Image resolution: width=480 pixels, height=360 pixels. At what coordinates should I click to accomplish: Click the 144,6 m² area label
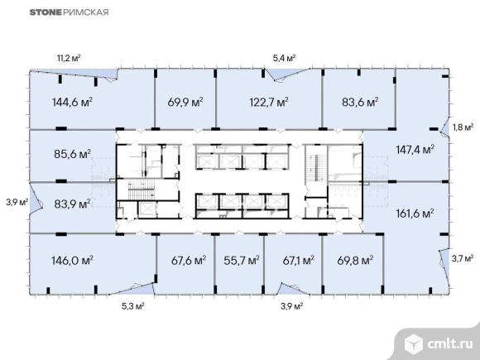point(73,102)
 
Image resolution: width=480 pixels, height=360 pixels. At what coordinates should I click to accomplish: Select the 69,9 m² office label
point(185,102)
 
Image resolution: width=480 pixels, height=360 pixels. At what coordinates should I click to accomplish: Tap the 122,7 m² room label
point(269,102)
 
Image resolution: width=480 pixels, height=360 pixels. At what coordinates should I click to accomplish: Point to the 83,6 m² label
point(360,102)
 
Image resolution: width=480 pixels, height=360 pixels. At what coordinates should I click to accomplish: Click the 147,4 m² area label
point(415,150)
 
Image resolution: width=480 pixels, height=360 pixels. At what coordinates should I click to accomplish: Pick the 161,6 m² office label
point(415,214)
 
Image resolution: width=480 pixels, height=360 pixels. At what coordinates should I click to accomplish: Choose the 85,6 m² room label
point(73,154)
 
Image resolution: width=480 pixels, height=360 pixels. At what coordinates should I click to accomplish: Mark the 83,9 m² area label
point(73,204)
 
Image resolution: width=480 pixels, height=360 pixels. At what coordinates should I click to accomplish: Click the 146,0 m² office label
point(73,261)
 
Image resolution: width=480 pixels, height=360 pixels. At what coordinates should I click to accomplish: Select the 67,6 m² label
point(189,261)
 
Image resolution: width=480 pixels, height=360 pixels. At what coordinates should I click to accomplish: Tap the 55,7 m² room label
point(242,261)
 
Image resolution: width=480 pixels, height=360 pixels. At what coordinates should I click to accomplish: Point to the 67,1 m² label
point(299,261)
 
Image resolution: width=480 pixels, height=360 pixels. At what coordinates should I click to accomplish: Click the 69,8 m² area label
point(355,261)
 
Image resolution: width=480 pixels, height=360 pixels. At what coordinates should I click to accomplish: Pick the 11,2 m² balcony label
point(69,58)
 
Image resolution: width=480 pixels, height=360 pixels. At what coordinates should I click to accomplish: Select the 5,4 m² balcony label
point(284,58)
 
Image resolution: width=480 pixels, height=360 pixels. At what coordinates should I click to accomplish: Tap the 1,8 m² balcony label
point(463,127)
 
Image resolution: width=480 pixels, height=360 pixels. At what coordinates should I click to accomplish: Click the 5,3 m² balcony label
point(133,306)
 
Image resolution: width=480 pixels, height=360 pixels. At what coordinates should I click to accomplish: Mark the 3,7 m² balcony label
point(463,259)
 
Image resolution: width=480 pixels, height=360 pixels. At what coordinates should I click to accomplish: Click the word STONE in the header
point(46,12)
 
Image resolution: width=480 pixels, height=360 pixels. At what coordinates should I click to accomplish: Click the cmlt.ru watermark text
point(450,344)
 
